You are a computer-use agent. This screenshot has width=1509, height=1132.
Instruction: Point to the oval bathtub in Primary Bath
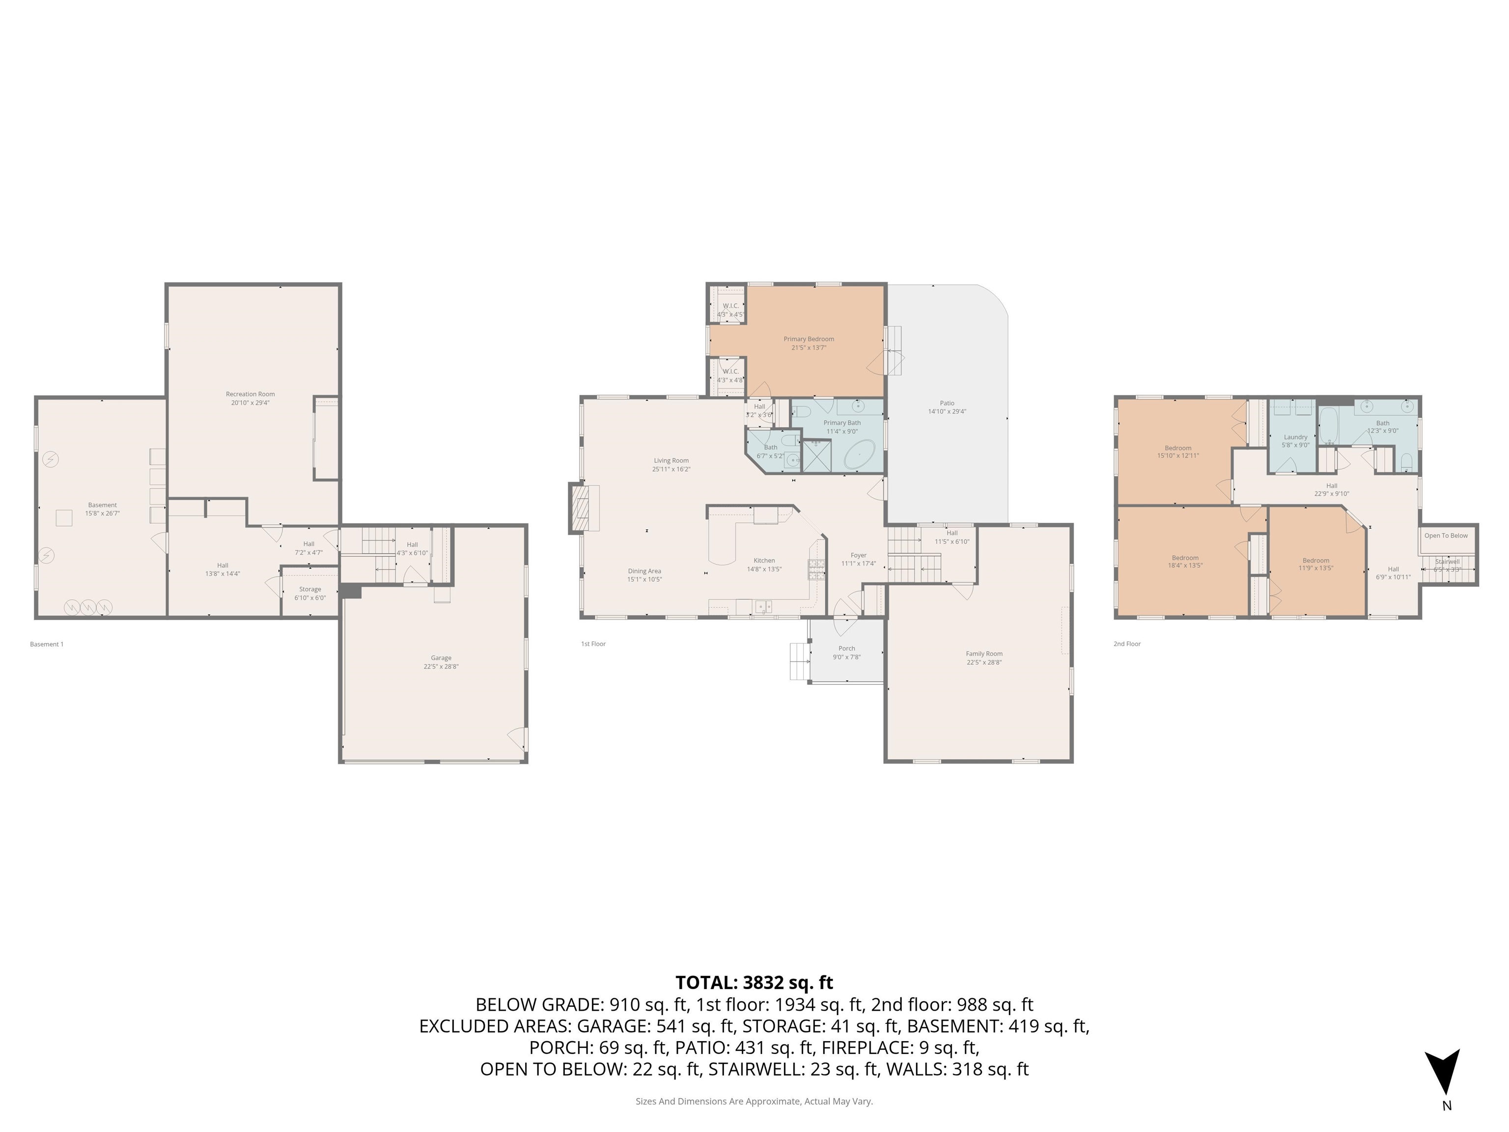(860, 455)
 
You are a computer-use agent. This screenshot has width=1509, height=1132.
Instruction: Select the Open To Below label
(1446, 536)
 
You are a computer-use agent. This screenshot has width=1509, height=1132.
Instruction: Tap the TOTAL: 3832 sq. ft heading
(754, 983)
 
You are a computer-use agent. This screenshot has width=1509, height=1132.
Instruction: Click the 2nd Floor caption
(1127, 644)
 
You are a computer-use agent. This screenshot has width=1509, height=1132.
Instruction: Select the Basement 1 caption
(46, 644)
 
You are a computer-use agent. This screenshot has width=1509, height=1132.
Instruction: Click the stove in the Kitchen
(816, 569)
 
